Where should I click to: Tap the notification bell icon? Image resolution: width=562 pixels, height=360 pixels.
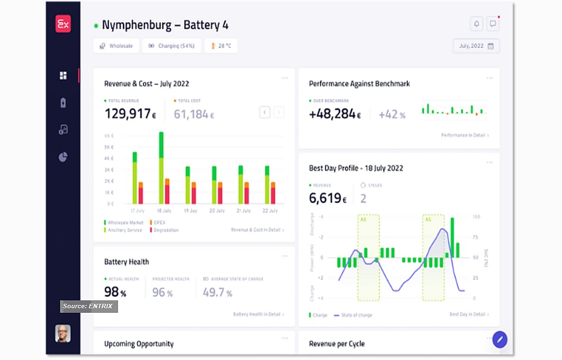477,24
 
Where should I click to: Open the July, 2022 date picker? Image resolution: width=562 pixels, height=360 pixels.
476,46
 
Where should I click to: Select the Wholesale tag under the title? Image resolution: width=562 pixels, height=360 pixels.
116,46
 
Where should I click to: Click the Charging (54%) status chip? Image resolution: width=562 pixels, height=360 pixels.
171,46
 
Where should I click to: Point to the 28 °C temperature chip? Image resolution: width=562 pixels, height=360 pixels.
221,46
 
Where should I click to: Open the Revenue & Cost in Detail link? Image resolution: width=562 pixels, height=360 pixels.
257,230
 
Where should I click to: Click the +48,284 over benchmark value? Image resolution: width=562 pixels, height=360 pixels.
334,114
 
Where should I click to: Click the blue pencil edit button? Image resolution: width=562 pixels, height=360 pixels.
500,339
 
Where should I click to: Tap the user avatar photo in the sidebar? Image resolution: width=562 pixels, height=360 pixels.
63,334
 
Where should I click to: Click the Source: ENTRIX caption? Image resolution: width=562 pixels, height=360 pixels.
88,307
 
